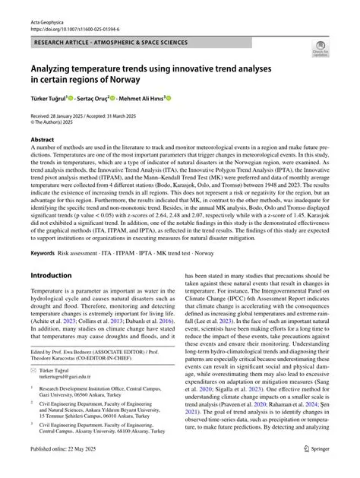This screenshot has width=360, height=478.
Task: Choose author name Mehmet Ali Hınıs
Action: (142, 98)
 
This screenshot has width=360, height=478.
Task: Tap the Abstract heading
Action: (43, 140)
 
